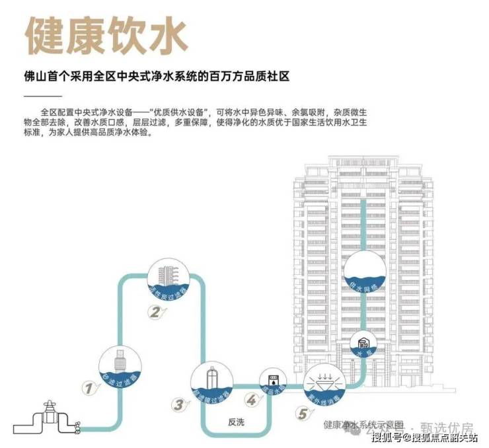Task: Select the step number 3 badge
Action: click(178, 404)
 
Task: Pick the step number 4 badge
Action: click(252, 400)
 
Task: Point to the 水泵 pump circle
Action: click(363, 345)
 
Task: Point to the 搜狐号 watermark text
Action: click(386, 437)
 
